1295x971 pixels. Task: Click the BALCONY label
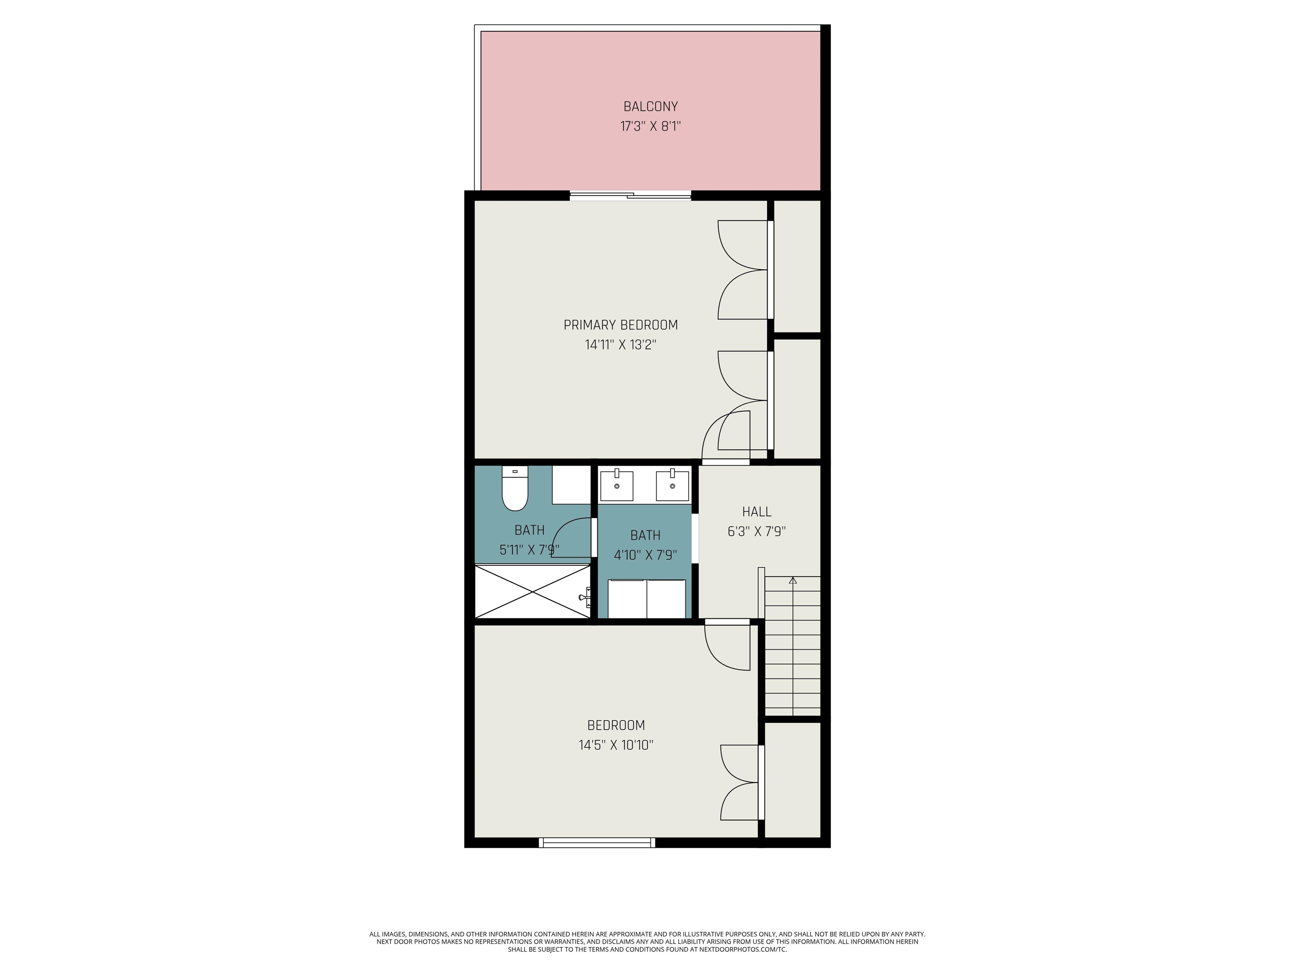[650, 107]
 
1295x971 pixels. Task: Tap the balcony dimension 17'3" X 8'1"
[650, 126]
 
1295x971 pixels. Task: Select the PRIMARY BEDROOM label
[621, 325]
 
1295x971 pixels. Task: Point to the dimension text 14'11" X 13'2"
[621, 345]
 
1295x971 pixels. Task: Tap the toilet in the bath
[515, 489]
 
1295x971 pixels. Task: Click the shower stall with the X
[532, 591]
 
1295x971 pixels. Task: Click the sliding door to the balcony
[631, 196]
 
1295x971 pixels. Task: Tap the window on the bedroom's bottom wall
[597, 843]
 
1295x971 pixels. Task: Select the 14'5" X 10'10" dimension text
[616, 745]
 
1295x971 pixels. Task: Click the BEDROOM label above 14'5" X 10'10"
[616, 725]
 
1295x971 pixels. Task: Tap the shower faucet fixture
[584, 597]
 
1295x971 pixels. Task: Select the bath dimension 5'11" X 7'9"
[529, 550]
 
